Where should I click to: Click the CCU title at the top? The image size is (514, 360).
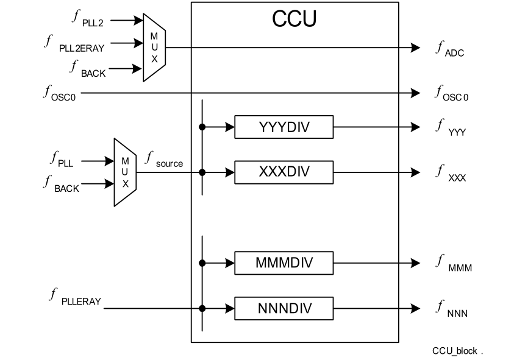click(x=294, y=19)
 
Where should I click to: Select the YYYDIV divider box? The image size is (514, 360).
click(x=284, y=127)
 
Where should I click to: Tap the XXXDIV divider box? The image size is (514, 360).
click(x=284, y=172)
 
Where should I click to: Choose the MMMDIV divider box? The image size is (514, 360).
click(x=284, y=263)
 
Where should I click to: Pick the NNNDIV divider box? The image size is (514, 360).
click(x=284, y=308)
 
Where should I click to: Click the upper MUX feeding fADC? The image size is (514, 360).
click(x=154, y=48)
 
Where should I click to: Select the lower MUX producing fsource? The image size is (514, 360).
click(x=125, y=172)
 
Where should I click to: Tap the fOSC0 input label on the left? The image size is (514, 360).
click(x=59, y=93)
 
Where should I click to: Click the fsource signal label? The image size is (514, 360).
click(x=163, y=161)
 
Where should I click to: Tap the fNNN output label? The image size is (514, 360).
click(x=451, y=309)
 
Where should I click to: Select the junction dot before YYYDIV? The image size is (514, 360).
click(x=202, y=127)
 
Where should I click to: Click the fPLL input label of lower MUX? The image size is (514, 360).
click(x=62, y=161)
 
